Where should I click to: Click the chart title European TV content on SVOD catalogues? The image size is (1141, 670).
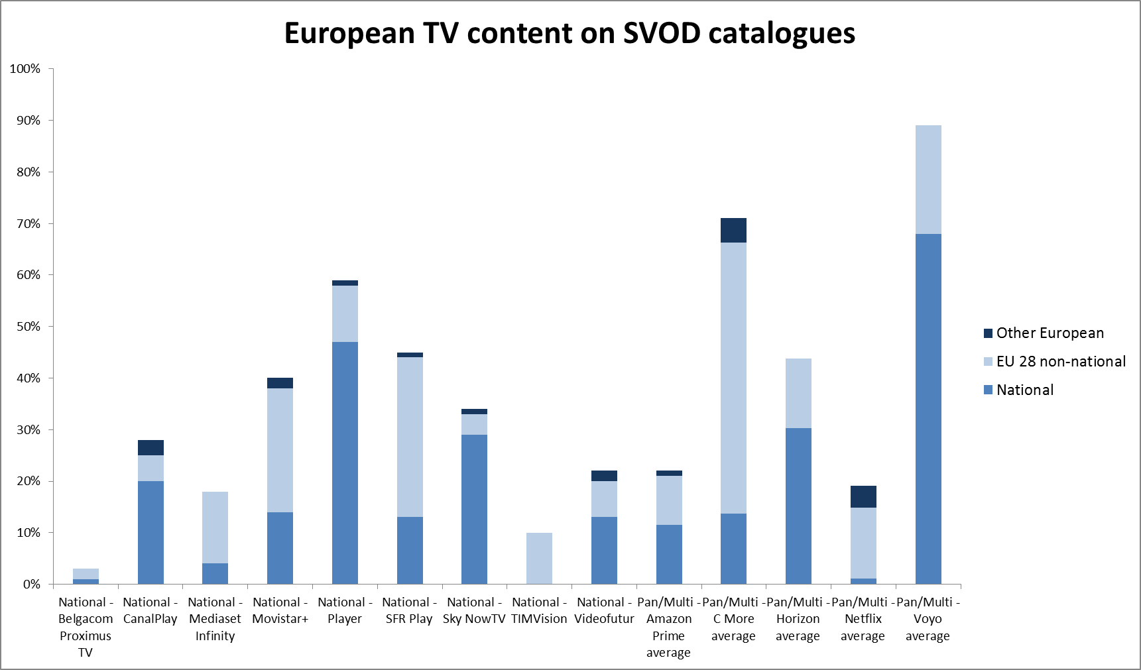click(x=570, y=33)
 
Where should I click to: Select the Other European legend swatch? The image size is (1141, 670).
click(x=988, y=333)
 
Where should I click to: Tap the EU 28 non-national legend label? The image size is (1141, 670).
click(x=1061, y=361)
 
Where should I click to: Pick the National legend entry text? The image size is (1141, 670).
click(x=1025, y=390)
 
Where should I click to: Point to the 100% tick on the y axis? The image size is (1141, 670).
click(x=25, y=69)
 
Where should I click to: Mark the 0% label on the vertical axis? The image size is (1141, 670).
click(x=31, y=584)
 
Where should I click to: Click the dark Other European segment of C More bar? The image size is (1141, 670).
click(x=733, y=230)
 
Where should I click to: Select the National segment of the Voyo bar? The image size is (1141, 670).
click(x=928, y=408)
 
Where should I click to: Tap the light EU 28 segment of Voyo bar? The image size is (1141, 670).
click(x=928, y=179)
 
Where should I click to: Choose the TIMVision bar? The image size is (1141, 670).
click(x=539, y=558)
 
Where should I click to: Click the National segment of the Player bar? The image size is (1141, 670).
click(x=345, y=463)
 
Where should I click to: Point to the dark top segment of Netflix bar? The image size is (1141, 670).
click(x=863, y=496)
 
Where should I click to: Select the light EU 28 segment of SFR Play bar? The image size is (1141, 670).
click(x=410, y=437)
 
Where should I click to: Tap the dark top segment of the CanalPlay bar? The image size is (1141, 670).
click(x=150, y=447)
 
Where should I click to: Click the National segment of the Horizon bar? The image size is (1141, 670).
click(x=798, y=506)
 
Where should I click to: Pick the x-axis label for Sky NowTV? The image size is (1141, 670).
click(x=474, y=610)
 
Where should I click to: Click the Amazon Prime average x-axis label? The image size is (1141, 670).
click(x=668, y=627)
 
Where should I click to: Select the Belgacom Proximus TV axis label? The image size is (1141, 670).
click(x=86, y=627)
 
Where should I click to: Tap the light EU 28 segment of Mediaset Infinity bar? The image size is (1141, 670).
click(x=215, y=528)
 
